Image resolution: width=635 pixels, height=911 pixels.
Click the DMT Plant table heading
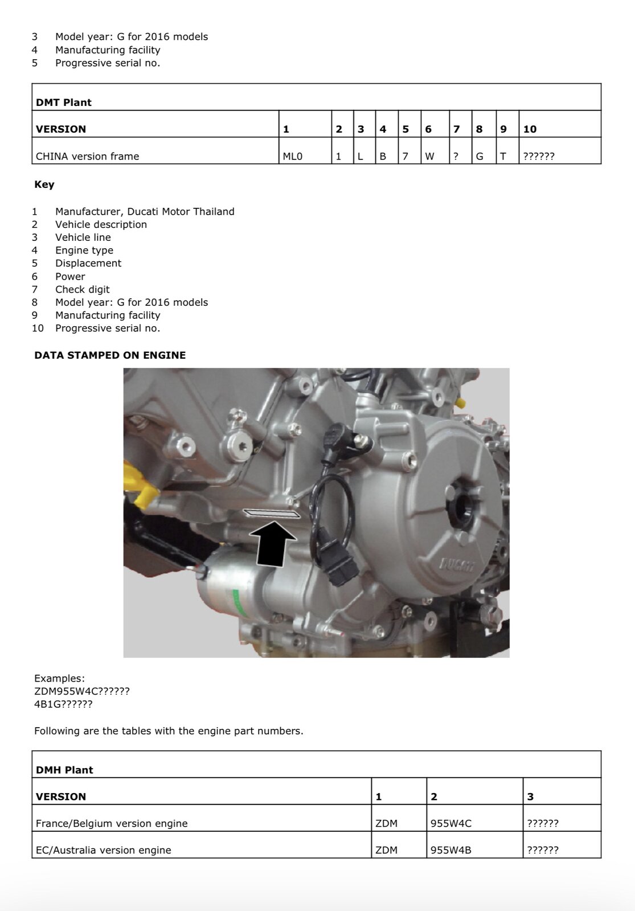[x=63, y=102]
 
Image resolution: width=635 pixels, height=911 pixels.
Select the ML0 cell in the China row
[x=293, y=156]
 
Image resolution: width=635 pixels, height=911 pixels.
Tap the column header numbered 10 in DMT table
[x=530, y=129]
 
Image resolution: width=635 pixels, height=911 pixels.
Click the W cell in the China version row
[x=429, y=156]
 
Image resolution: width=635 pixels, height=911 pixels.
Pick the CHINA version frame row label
[x=87, y=156]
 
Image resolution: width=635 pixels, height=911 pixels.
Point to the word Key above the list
[x=44, y=184]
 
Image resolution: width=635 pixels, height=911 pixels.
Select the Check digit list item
[x=82, y=289]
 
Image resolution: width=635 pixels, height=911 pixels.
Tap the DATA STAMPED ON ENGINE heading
[x=110, y=355]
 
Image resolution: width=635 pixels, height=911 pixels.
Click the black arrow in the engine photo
[x=272, y=545]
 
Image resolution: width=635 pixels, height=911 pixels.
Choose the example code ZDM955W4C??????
[x=82, y=691]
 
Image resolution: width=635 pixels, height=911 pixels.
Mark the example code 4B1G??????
[x=63, y=704]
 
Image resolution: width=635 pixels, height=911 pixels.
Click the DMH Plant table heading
[x=64, y=770]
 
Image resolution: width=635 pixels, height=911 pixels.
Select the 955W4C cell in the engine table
[x=450, y=823]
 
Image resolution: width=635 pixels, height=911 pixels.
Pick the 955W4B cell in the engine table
[x=450, y=850]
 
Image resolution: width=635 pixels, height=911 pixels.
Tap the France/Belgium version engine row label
[x=112, y=823]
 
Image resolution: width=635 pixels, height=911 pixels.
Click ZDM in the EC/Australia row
[x=387, y=850]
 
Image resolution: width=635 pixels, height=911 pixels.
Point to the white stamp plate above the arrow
[x=272, y=514]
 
